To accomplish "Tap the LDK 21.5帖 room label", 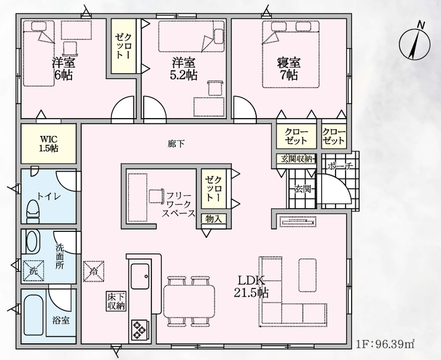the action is click(251, 287).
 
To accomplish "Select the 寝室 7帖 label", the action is click(289, 69).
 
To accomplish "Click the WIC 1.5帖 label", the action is click(49, 144).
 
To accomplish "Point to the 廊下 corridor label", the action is click(176, 144).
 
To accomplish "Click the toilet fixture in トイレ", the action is click(33, 211).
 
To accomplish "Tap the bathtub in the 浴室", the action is click(33, 315).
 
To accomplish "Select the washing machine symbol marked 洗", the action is click(33, 271).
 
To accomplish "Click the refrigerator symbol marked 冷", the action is click(94, 271).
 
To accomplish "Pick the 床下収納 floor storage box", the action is click(116, 301).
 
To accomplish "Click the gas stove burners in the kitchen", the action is click(140, 329).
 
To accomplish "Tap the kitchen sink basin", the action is click(140, 277).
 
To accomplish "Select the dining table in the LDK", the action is click(189, 301).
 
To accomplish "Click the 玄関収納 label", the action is click(296, 159).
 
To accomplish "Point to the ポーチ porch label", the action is click(340, 166).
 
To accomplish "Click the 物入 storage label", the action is click(213, 219).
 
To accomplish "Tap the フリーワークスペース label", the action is click(178, 204).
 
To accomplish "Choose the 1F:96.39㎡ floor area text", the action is click(386, 344).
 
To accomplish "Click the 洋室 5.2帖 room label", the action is click(184, 69).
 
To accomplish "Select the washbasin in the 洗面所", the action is click(33, 241).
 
